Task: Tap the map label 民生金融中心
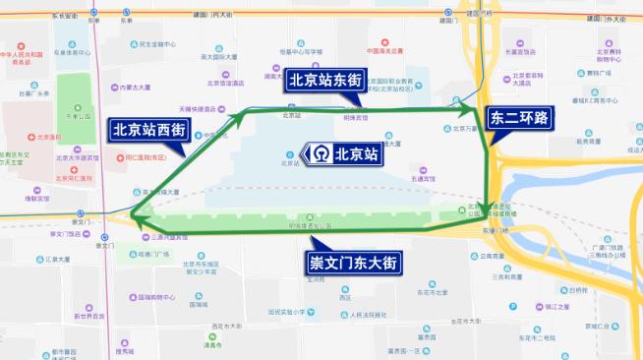[x=156, y=44]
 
